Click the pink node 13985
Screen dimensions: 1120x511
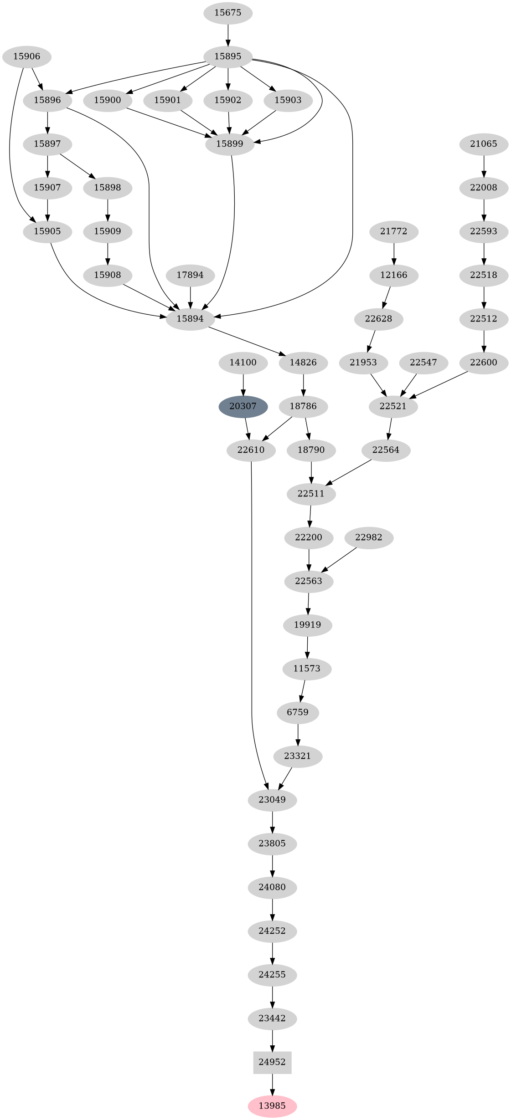click(x=272, y=1105)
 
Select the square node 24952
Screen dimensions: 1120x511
click(x=272, y=1062)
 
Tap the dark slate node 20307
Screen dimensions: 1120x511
click(x=243, y=406)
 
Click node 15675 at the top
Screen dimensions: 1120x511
click(x=227, y=12)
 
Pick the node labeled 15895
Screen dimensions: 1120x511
click(x=227, y=56)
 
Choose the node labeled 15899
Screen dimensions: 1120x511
click(x=229, y=144)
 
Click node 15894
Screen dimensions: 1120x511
click(x=190, y=318)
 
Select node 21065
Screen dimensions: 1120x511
click(x=484, y=144)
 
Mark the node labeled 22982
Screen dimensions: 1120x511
click(x=368, y=537)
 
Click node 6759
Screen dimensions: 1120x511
click(x=298, y=712)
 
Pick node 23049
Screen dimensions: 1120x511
click(x=272, y=799)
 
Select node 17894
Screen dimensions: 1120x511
click(x=190, y=275)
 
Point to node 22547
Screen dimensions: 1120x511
click(x=423, y=362)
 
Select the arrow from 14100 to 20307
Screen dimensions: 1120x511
click(x=243, y=384)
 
